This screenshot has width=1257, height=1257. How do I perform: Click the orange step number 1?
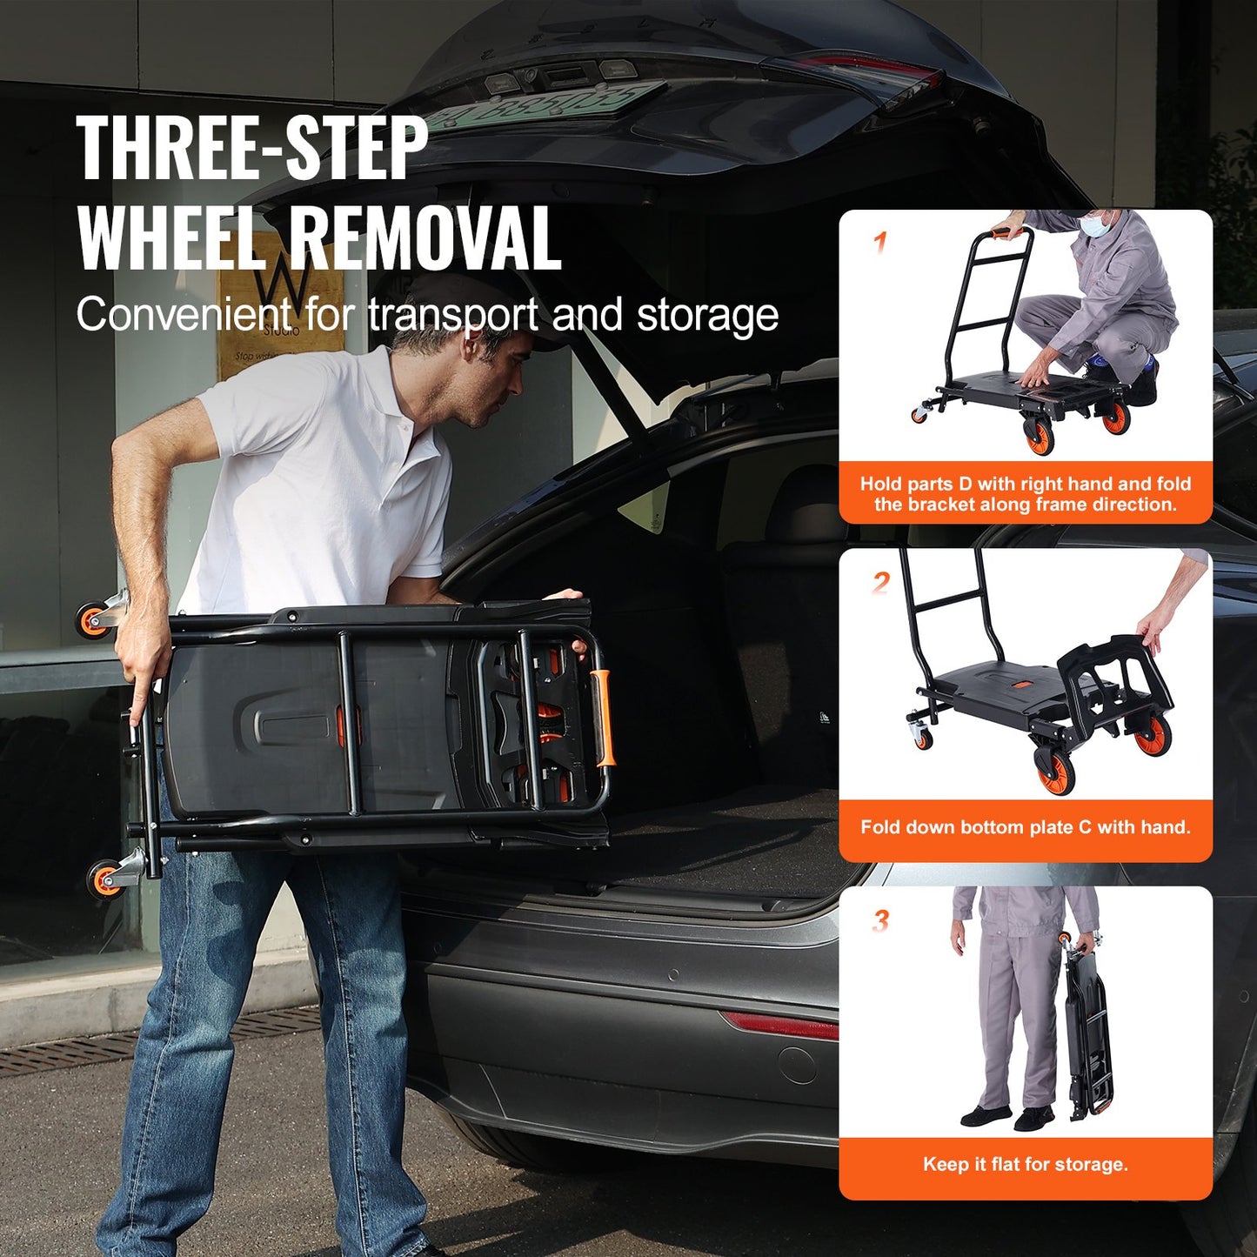pos(880,242)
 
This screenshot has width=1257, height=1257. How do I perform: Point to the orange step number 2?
pos(881,582)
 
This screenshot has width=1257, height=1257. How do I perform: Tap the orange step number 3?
pos(881,919)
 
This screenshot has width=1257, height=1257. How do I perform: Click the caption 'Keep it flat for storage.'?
pos(1025,1164)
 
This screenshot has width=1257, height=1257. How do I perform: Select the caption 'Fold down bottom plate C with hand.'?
pos(1025,826)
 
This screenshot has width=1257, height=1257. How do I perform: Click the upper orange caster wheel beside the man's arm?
pos(92,620)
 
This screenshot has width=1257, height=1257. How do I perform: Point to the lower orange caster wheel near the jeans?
pos(104,878)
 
